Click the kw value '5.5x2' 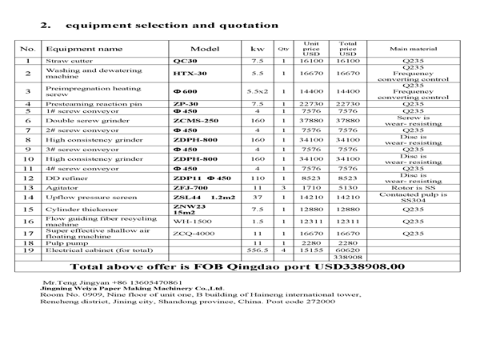[x=257, y=91]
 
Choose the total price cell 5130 [x=348, y=187]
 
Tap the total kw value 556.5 [x=257, y=250]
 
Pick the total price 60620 [x=348, y=250]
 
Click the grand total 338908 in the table [x=348, y=257]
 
